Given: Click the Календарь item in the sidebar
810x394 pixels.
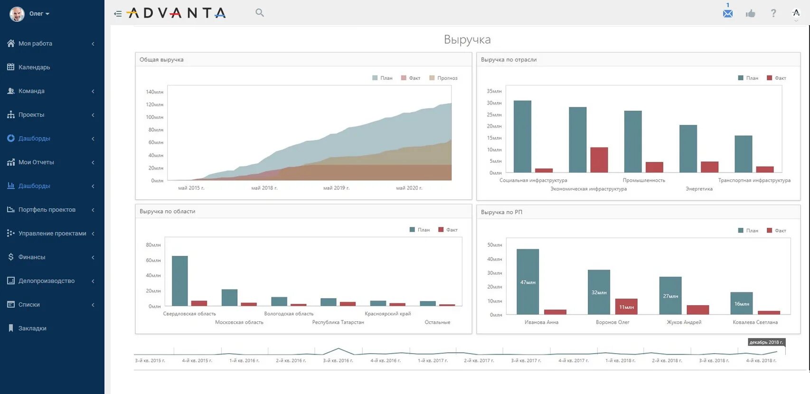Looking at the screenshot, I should point(34,67).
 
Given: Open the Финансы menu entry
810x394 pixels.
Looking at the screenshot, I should point(32,257).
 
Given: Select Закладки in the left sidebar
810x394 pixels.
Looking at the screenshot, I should point(32,328).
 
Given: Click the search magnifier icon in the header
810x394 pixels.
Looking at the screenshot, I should point(259,13).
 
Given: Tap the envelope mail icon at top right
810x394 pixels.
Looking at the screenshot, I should point(727,13).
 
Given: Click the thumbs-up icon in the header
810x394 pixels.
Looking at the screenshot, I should point(750,13).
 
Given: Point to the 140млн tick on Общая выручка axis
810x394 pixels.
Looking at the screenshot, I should point(154,92).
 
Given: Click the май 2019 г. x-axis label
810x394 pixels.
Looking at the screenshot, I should point(336,188).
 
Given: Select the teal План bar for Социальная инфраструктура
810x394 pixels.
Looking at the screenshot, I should point(522,136).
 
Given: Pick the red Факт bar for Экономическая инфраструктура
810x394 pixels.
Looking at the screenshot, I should point(599,160).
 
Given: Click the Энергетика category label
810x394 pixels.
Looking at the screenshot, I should point(699,189).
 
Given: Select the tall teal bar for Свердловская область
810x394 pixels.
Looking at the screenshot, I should point(179,281).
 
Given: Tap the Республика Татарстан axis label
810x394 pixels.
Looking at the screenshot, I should point(338,322).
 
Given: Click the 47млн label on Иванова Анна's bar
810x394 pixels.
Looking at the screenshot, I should point(527,282).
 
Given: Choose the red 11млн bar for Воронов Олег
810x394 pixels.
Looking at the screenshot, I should point(626,307).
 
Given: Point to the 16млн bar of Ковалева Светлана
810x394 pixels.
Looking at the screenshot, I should point(741,303).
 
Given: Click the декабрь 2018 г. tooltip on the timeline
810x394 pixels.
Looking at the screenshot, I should point(766,342).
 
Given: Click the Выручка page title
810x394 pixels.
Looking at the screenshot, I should point(467,39).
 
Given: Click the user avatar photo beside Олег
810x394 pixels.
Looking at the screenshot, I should point(17,14).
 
